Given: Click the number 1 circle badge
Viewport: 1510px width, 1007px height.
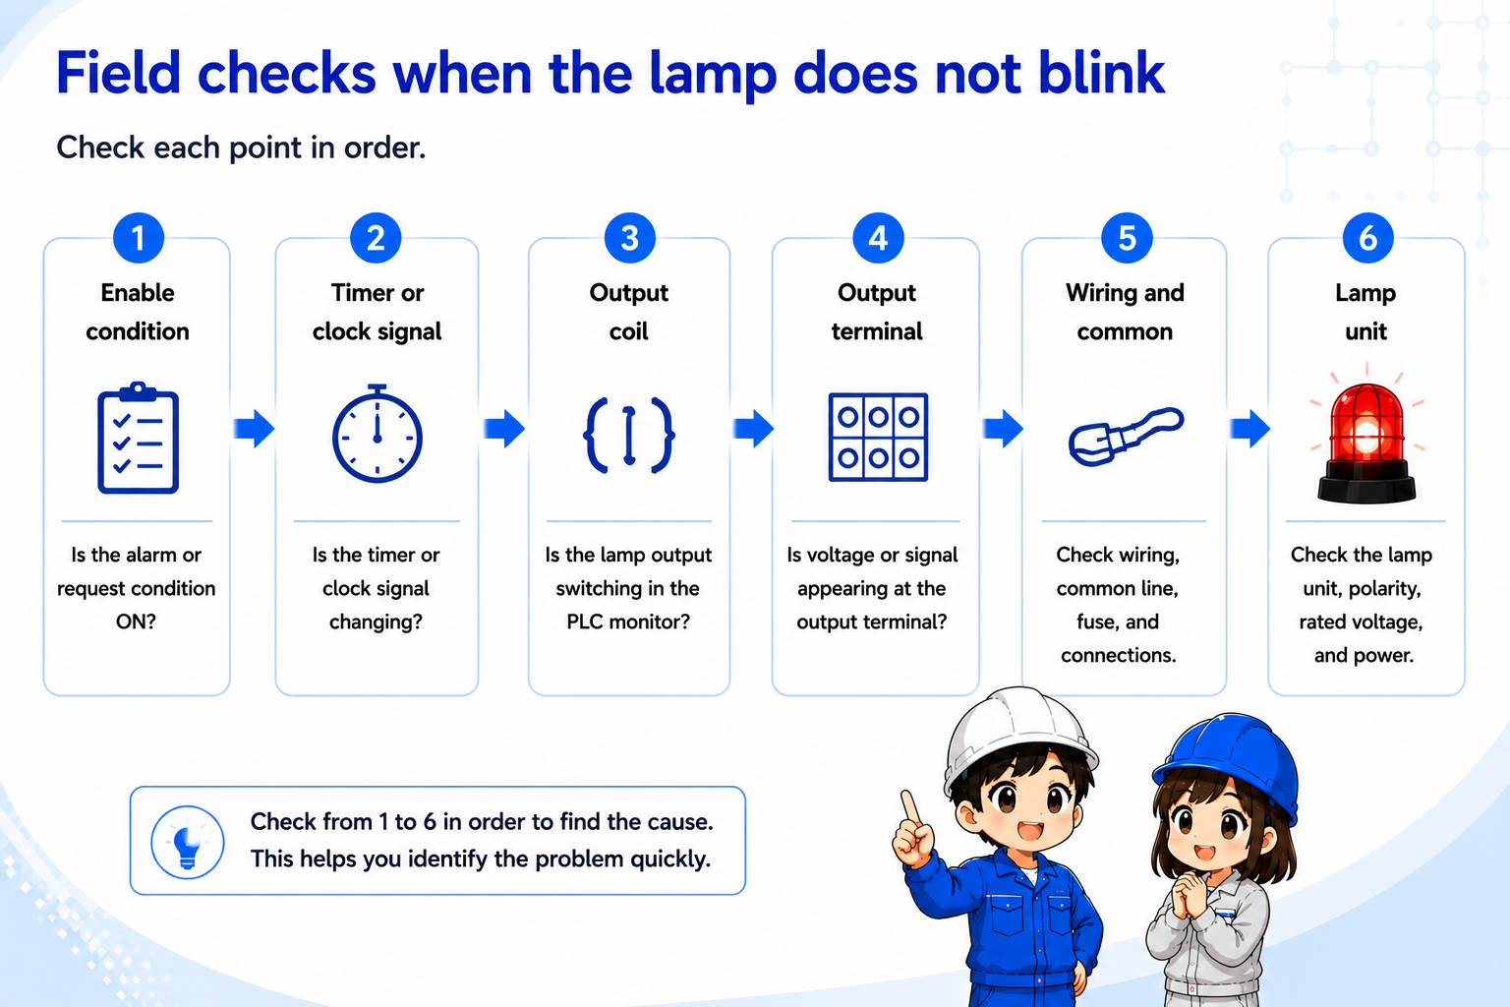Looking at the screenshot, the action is coord(139,237).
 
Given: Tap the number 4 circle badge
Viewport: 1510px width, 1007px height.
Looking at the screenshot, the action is coord(877,237).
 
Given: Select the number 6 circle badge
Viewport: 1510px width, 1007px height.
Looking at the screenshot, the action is coord(1367,237).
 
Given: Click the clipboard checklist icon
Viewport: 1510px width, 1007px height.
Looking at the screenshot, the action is coord(139,438).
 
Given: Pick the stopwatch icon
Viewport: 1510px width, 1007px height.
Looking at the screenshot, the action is coord(377,434).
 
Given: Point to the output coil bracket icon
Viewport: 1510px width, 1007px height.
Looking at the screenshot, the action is coord(629,435).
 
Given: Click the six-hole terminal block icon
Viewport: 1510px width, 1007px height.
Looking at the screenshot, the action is coord(878,437).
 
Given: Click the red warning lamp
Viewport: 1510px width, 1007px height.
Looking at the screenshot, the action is coord(1366,443).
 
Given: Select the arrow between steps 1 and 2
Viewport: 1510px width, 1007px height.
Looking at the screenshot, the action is coord(255,429).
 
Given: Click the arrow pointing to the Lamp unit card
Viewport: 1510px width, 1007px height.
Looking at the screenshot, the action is coord(1249,429).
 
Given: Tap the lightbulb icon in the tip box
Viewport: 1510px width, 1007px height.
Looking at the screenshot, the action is coord(188,842).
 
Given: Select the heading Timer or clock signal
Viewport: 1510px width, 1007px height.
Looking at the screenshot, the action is coord(377,312).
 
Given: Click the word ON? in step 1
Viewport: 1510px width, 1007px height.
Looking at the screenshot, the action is coord(136,622).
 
